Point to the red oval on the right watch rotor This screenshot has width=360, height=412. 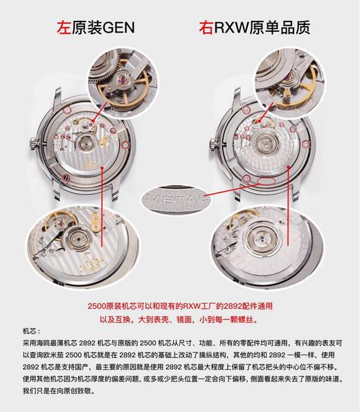tap(264, 181)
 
